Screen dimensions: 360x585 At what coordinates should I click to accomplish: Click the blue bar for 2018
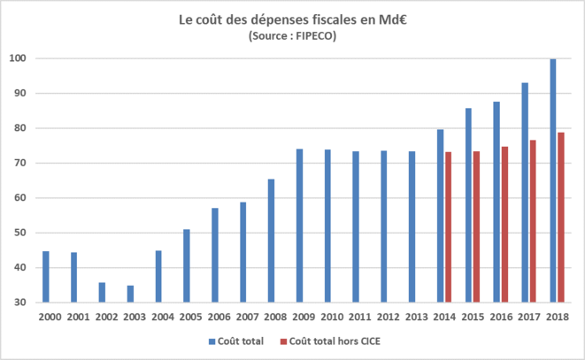(x=553, y=180)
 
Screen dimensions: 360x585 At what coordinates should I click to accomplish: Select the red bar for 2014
(x=448, y=227)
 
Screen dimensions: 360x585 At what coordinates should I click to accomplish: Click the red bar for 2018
(x=561, y=218)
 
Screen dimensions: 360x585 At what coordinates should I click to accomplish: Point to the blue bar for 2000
(x=45, y=277)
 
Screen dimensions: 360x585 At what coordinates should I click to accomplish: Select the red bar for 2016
(x=504, y=225)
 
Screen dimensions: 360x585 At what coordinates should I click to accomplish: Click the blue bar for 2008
(x=271, y=241)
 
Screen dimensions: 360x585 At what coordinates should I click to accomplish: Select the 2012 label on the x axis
(x=388, y=316)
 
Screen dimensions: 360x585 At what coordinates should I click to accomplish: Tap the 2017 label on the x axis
(x=529, y=316)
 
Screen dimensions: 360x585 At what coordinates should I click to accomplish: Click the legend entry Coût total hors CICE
(x=332, y=341)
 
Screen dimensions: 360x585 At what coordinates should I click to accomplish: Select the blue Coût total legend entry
(x=235, y=341)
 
